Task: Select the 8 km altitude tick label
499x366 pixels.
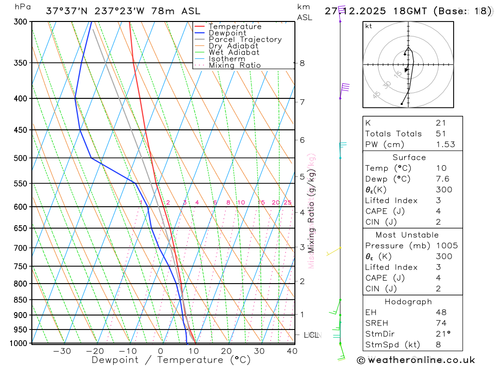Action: pos(302,63)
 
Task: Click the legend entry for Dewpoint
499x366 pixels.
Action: pos(227,33)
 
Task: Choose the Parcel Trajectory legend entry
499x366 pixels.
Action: pos(245,39)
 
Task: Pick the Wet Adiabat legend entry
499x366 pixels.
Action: pos(234,52)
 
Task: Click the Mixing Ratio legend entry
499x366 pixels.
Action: pos(234,65)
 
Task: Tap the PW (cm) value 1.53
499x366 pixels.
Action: pos(444,144)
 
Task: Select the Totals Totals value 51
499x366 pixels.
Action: pos(441,133)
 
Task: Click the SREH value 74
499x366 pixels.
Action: pos(441,323)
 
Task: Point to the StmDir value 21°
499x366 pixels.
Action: pos(443,334)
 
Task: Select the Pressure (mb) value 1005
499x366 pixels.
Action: pos(446,246)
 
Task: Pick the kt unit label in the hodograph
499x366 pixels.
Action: pos(369,26)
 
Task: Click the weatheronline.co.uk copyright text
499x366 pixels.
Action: pos(416,360)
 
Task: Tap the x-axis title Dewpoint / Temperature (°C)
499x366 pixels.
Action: pos(171,360)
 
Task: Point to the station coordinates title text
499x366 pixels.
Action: pos(123,11)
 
